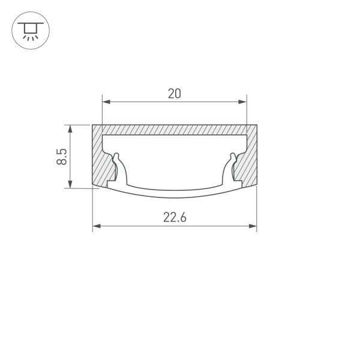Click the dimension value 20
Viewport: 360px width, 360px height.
pos(174,93)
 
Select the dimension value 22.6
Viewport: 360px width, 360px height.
pos(174,218)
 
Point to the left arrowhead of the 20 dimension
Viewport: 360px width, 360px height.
pos(106,101)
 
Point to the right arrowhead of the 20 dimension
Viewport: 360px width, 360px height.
pos(243,101)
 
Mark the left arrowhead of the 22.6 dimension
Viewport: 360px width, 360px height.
pos(96,227)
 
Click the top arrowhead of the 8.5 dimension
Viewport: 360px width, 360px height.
pos(71,128)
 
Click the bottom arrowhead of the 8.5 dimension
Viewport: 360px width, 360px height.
pos(71,184)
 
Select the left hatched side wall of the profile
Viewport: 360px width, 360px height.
pos(100,159)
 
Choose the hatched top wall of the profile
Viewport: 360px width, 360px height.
pos(174,130)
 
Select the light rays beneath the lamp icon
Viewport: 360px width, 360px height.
pos(28,35)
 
